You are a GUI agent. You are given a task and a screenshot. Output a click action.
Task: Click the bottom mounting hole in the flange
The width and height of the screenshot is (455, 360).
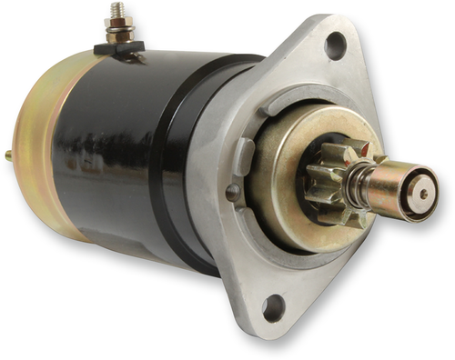[274, 308]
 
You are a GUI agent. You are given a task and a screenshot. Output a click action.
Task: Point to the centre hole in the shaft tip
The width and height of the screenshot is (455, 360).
[423, 193]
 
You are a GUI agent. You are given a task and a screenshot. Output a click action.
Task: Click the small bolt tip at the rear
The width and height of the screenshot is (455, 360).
[8, 155]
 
